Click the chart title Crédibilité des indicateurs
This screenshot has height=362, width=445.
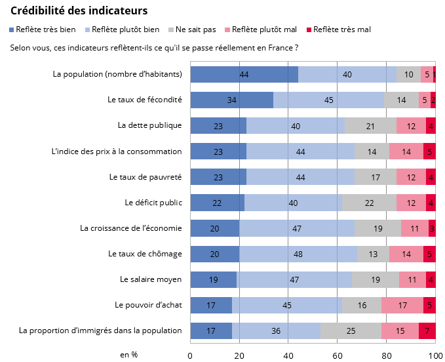[79, 11]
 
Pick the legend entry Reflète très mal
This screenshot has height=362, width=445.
[341, 30]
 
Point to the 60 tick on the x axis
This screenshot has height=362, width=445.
[338, 355]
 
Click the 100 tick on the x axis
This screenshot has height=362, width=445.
[435, 355]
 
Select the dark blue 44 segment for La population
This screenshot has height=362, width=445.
[244, 74]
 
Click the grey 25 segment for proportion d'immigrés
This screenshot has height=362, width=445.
[351, 331]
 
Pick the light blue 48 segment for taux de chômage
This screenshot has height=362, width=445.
[298, 254]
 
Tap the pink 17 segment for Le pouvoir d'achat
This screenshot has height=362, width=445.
[402, 305]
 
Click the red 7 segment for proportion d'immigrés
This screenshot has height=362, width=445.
[427, 331]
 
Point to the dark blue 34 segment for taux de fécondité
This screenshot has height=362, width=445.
[231, 100]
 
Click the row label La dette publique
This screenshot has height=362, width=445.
[149, 125]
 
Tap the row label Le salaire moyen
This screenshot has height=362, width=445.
[151, 279]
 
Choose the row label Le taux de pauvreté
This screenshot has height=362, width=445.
[145, 177]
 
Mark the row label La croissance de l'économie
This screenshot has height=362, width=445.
[130, 228]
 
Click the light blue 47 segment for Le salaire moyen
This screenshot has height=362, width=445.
[294, 279]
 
